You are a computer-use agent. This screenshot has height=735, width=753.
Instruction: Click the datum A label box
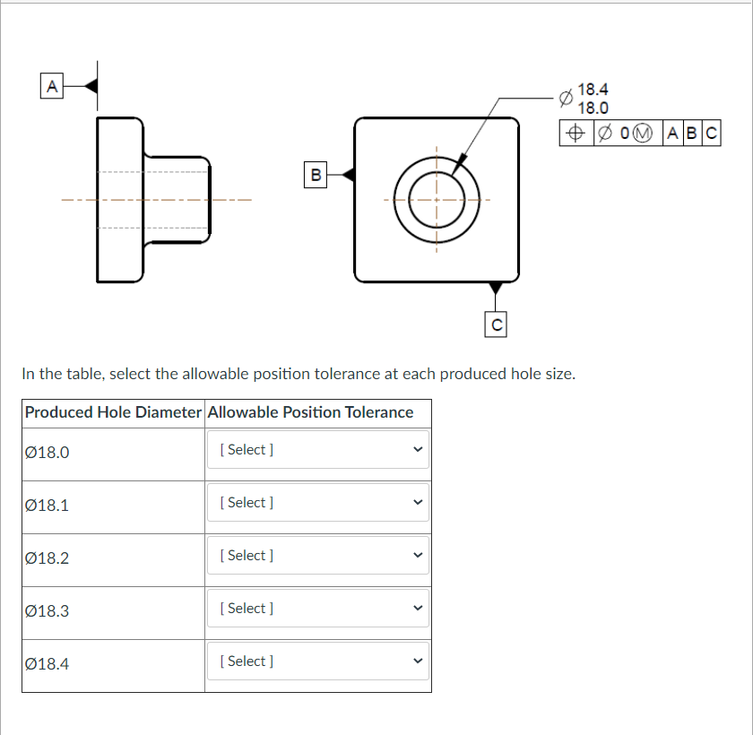click(x=51, y=86)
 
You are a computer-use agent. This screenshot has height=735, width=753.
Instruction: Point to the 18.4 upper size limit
click(x=593, y=89)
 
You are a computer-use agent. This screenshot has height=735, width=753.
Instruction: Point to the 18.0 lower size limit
click(x=593, y=108)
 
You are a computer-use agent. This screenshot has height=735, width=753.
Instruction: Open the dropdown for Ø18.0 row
click(x=318, y=449)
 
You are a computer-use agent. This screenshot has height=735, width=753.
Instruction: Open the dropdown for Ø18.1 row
click(x=318, y=502)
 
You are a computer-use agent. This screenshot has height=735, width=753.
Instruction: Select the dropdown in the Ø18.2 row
click(x=318, y=555)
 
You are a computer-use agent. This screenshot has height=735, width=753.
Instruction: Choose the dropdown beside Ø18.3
click(x=318, y=608)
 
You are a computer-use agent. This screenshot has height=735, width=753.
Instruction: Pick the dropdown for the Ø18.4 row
click(x=318, y=661)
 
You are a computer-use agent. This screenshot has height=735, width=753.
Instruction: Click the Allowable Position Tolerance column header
click(x=310, y=412)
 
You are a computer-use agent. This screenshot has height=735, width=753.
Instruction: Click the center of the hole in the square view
click(x=437, y=199)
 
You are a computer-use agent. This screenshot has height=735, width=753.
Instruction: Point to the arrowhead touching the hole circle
click(x=460, y=162)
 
